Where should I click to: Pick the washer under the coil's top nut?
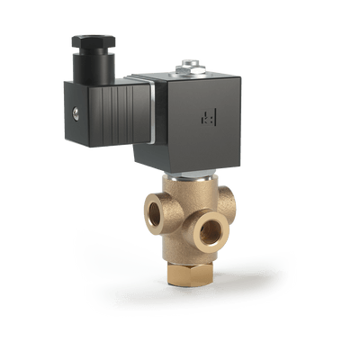(x=189, y=71)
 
